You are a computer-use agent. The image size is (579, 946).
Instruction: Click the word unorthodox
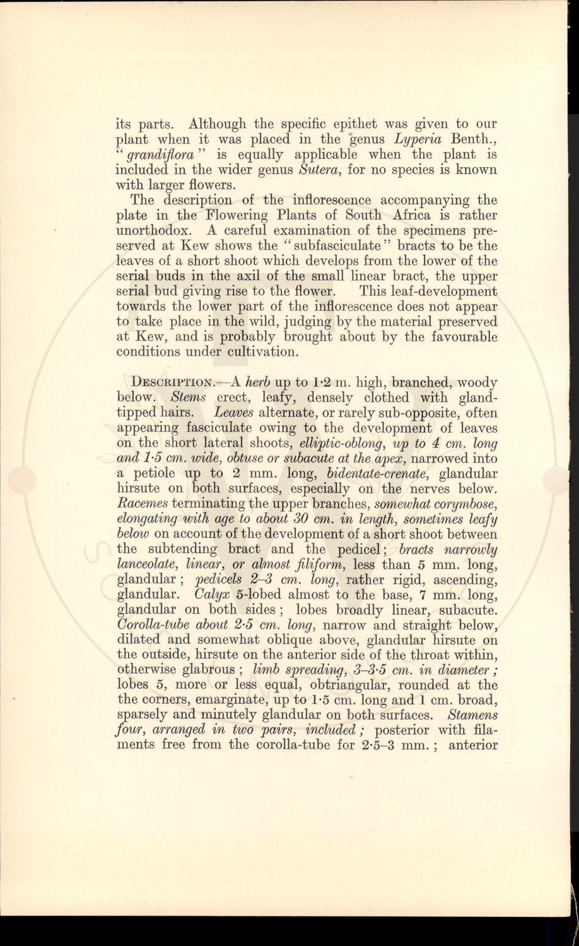tap(156, 231)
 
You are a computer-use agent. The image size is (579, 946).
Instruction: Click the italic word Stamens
tap(472, 715)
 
